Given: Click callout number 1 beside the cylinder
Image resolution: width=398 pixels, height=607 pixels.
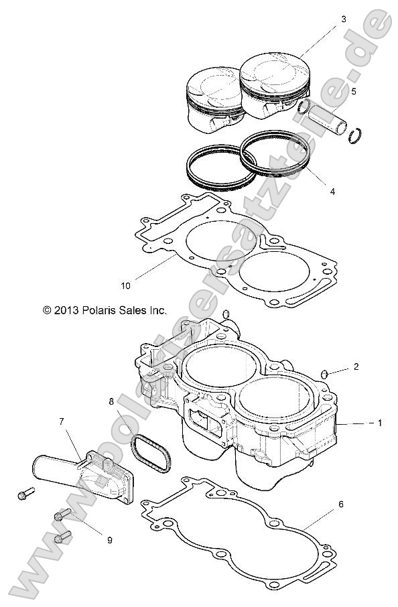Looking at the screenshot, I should [380, 423].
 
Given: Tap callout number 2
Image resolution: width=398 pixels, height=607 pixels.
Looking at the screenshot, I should [356, 366].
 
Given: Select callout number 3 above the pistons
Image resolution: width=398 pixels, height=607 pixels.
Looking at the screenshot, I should [343, 19].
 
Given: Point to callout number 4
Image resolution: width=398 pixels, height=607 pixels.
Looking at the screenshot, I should [332, 192].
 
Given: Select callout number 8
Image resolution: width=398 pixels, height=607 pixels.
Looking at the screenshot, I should [111, 401].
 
